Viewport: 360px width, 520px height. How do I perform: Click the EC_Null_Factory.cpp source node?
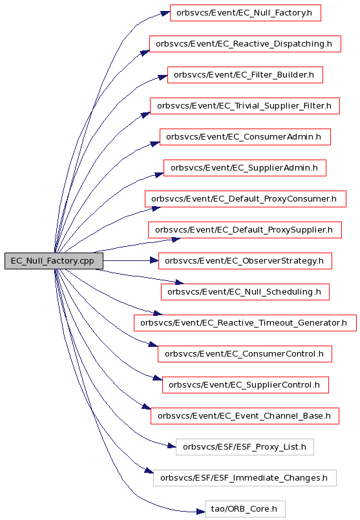click(x=54, y=261)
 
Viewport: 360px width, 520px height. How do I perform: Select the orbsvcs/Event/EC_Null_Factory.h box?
click(x=245, y=13)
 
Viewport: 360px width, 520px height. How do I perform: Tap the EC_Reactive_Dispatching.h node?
click(x=245, y=44)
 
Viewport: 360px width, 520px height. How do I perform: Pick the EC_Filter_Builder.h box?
click(x=245, y=75)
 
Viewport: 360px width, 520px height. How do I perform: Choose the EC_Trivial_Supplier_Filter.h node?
click(x=244, y=106)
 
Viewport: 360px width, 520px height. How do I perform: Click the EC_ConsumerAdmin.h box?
click(x=245, y=137)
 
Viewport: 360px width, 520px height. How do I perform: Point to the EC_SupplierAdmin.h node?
click(x=244, y=168)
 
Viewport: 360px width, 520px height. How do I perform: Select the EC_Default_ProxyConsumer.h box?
click(x=245, y=199)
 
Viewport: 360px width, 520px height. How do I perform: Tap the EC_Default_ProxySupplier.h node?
click(x=244, y=230)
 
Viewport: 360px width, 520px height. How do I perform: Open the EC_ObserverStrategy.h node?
click(x=245, y=261)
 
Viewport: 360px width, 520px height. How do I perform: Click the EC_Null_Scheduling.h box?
click(x=245, y=292)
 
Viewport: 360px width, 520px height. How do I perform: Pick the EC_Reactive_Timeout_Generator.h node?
click(x=245, y=323)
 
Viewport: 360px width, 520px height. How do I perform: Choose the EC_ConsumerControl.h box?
click(x=244, y=354)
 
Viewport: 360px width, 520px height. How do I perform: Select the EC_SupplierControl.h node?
click(x=245, y=385)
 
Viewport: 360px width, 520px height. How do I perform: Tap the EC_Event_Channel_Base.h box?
click(x=244, y=416)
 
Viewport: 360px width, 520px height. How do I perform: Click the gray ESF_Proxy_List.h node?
click(x=244, y=447)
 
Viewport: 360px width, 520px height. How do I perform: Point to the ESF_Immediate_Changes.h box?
click(x=244, y=478)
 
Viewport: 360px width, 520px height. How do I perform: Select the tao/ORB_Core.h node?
click(x=245, y=509)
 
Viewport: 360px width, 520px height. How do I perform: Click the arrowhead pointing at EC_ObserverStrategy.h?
click(x=154, y=261)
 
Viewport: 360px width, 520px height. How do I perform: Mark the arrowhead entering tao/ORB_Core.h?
click(x=201, y=512)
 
